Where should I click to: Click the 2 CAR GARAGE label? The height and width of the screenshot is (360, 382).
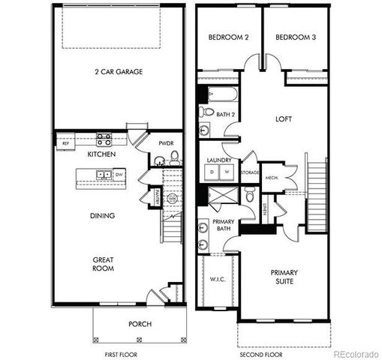[x=119, y=72]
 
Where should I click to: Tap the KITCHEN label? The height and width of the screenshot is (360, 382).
[x=101, y=154]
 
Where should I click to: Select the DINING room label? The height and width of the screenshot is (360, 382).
[x=103, y=215]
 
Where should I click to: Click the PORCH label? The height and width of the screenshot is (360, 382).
[x=140, y=324]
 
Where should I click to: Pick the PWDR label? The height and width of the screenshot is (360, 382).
[x=167, y=142]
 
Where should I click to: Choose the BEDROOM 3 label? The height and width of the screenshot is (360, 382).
[x=293, y=37]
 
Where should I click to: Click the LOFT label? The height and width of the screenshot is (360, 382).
[x=282, y=118]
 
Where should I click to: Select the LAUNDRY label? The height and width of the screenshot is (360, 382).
[x=218, y=160]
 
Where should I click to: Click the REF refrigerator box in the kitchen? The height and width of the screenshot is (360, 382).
[x=65, y=142]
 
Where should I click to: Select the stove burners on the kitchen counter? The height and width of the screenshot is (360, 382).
[x=104, y=139]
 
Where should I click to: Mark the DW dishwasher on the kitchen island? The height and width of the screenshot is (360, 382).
[x=119, y=175]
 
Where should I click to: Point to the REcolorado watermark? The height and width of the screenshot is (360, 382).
[x=356, y=353]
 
